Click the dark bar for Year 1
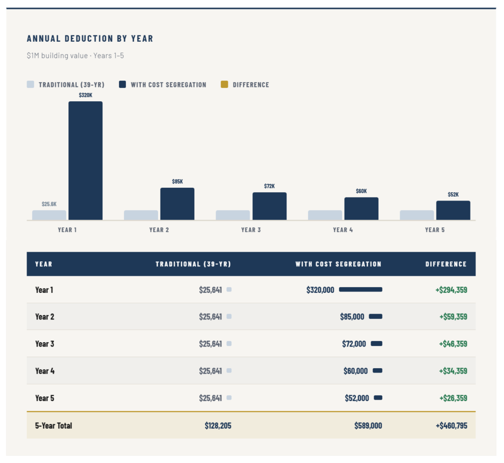click(x=86, y=160)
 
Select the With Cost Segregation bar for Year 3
click(x=269, y=206)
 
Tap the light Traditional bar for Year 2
click(x=141, y=215)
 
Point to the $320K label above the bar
click(x=86, y=95)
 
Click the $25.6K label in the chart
click(x=49, y=204)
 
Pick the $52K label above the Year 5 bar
click(x=453, y=195)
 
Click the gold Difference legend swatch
click(x=224, y=85)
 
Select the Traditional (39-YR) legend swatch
click(x=31, y=85)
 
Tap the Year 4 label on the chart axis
click(x=343, y=230)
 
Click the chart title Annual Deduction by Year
click(x=90, y=38)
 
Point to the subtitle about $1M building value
click(x=75, y=56)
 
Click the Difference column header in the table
click(x=446, y=264)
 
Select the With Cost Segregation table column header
click(x=338, y=264)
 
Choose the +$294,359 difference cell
click(x=451, y=290)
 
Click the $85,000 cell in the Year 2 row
click(x=352, y=317)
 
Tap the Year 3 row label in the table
click(x=45, y=344)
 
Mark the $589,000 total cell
click(x=368, y=426)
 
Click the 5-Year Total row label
click(x=54, y=426)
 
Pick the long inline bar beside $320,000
click(x=360, y=290)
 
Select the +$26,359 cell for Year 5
click(x=453, y=398)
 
